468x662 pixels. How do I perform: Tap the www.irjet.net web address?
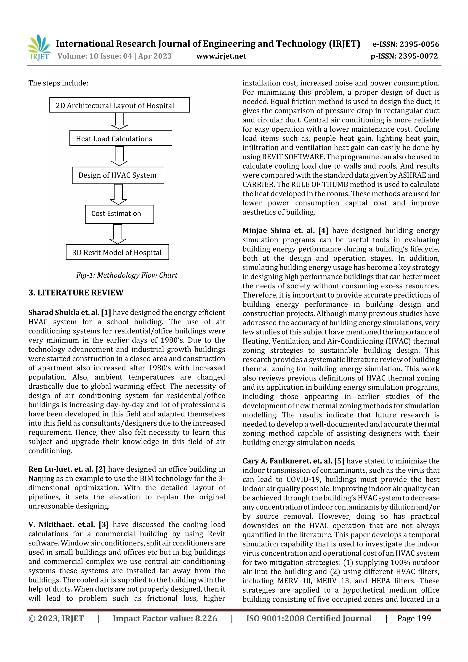point(221,56)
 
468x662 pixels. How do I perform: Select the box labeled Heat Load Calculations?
point(120,138)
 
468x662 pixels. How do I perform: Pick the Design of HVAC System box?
point(118,175)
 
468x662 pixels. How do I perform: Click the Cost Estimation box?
point(119,214)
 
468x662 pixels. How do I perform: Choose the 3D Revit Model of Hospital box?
point(117,252)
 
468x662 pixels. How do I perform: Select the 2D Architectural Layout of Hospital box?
point(119,105)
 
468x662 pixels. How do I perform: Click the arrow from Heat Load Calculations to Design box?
point(119,156)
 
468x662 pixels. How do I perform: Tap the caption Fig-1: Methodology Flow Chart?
point(127,275)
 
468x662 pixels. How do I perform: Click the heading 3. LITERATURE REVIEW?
point(76,293)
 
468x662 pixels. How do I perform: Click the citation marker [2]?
point(101,469)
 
